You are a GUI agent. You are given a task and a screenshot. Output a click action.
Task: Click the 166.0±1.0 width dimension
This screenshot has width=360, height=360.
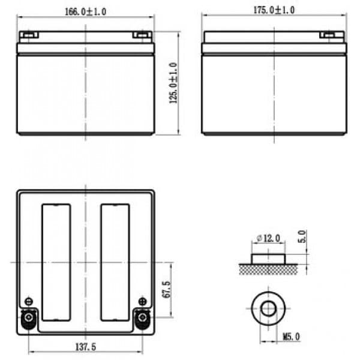[x=85, y=11]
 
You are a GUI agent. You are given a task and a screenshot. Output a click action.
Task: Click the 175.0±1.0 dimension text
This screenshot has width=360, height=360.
[x=274, y=10]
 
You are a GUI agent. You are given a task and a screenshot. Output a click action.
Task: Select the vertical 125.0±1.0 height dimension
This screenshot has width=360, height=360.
[x=173, y=83]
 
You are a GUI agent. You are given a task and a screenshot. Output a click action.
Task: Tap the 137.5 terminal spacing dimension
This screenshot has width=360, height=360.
[x=86, y=347]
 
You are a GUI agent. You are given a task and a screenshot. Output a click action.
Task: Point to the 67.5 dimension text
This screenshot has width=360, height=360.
[x=166, y=290]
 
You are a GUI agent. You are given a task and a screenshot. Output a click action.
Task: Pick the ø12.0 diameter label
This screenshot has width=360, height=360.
[x=268, y=238]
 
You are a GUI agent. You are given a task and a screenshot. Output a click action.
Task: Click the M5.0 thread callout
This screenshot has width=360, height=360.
[x=291, y=337]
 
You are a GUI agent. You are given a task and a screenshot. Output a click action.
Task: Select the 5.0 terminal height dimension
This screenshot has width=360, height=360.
[x=302, y=236]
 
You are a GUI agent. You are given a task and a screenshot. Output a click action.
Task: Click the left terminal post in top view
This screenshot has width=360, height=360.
[x=29, y=318]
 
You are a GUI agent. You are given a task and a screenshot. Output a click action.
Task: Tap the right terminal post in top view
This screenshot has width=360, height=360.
[x=143, y=318]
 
